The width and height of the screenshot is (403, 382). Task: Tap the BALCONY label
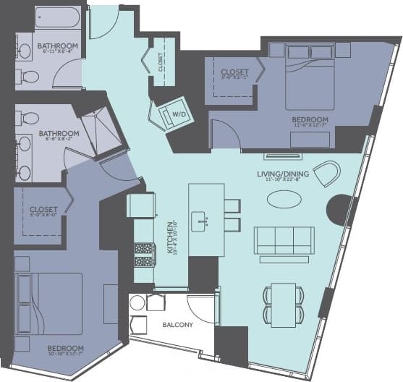(178, 325)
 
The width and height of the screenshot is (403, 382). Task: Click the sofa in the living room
(284, 239)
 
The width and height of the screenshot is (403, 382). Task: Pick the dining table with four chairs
(283, 303)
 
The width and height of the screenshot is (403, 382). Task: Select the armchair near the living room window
(327, 173)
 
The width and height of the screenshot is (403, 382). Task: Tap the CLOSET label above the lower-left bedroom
(43, 210)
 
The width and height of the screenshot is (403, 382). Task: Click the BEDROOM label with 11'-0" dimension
(310, 120)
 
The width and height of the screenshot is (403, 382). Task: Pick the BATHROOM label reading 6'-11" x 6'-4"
(57, 46)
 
